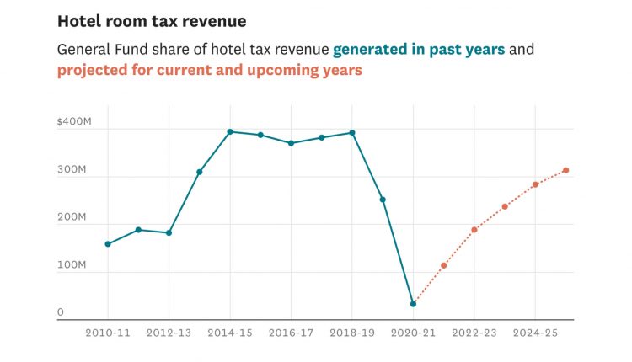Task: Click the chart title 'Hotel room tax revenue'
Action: point(151,21)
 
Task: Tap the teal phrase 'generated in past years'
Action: point(419,49)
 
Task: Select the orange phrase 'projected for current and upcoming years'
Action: point(209,71)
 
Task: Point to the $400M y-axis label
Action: point(72,123)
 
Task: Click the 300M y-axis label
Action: point(72,170)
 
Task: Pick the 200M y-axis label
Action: point(72,217)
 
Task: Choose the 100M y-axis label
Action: point(72,265)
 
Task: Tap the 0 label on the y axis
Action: point(61,312)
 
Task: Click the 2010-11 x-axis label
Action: point(108,333)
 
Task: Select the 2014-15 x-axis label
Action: point(230,333)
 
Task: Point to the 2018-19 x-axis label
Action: point(352,333)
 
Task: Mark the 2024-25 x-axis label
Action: point(535,333)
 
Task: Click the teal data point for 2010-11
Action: point(108,244)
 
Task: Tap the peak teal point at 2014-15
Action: point(230,131)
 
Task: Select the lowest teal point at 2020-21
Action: point(413,304)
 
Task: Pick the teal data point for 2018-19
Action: point(352,132)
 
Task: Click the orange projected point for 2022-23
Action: point(474,230)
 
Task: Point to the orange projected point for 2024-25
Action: point(535,184)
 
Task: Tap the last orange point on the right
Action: point(566,170)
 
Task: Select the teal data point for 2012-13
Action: point(169,232)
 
